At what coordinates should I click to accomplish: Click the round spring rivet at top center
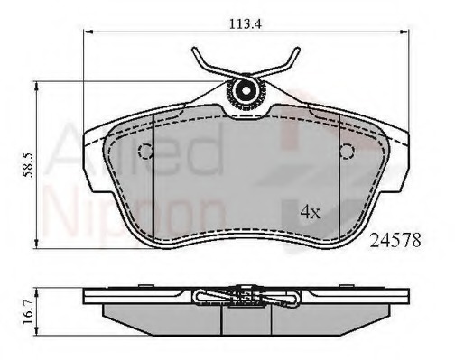click(x=244, y=90)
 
